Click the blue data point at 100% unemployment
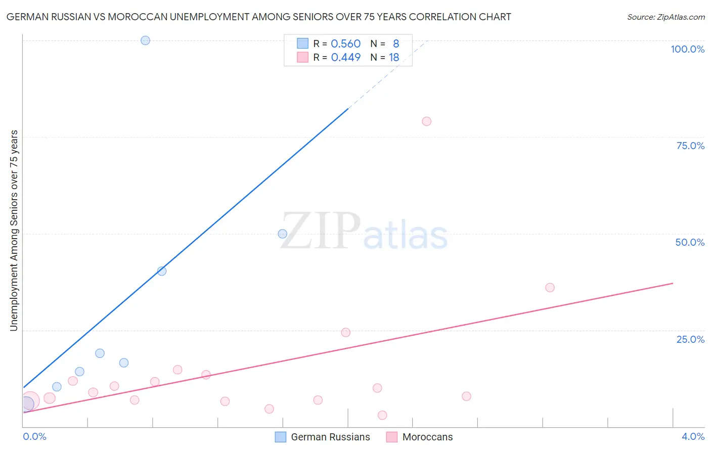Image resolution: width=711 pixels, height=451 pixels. [x=145, y=40]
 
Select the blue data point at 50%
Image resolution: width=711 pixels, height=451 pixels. [x=283, y=234]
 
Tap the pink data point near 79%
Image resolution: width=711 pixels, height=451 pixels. [x=426, y=121]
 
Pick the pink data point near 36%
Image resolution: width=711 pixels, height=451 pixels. [x=550, y=288]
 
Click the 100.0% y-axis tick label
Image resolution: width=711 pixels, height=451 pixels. [x=687, y=49]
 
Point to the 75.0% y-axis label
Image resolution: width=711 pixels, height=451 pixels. [x=690, y=146]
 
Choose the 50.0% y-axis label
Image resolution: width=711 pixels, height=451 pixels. [x=690, y=242]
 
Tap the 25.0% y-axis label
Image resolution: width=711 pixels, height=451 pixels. [x=690, y=339]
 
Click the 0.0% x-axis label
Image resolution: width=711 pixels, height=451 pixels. [x=34, y=437]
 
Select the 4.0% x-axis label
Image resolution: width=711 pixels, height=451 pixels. [x=693, y=437]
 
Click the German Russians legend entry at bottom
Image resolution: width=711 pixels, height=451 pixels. [x=330, y=437]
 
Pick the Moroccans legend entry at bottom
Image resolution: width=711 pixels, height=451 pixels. [x=427, y=437]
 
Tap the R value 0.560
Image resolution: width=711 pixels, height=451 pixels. [x=345, y=44]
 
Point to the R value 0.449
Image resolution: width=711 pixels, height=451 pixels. [x=345, y=58]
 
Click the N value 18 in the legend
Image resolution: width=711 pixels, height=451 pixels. [x=394, y=58]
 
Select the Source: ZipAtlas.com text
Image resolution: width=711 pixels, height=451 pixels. [x=665, y=17]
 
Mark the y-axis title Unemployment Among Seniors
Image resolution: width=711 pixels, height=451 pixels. [x=14, y=231]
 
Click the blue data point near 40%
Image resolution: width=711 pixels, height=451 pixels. [x=162, y=271]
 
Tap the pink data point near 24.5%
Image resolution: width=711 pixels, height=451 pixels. [x=345, y=333]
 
